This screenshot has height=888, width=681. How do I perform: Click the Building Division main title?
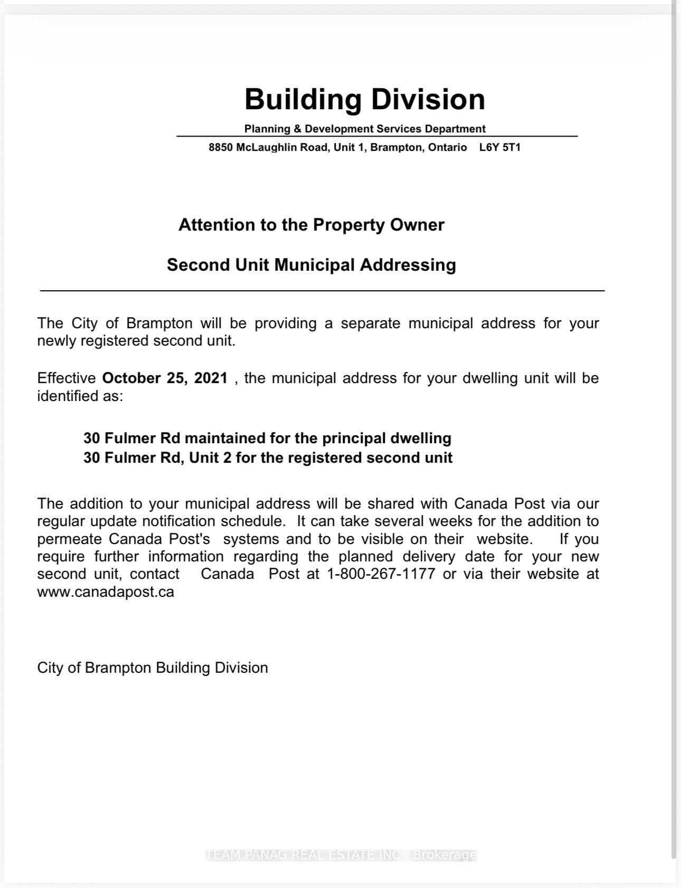click(365, 99)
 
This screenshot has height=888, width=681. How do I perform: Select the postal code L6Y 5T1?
click(499, 147)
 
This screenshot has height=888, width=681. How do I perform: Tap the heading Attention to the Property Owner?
click(311, 225)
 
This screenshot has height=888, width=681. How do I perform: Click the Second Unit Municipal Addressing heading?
click(311, 264)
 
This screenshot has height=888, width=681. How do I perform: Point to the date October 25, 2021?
click(165, 378)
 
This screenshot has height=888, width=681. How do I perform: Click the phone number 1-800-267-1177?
click(381, 574)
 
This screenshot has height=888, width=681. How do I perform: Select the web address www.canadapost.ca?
click(106, 591)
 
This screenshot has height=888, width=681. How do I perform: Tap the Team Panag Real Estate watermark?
click(341, 855)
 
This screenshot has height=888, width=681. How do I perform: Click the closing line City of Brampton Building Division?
click(153, 667)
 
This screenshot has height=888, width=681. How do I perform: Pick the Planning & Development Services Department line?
click(365, 129)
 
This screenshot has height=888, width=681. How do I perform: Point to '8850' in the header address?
click(220, 147)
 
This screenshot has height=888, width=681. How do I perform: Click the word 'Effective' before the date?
click(67, 378)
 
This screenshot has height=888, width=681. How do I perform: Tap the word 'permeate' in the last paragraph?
click(69, 539)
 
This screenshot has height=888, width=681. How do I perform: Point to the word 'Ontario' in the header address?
click(447, 147)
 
